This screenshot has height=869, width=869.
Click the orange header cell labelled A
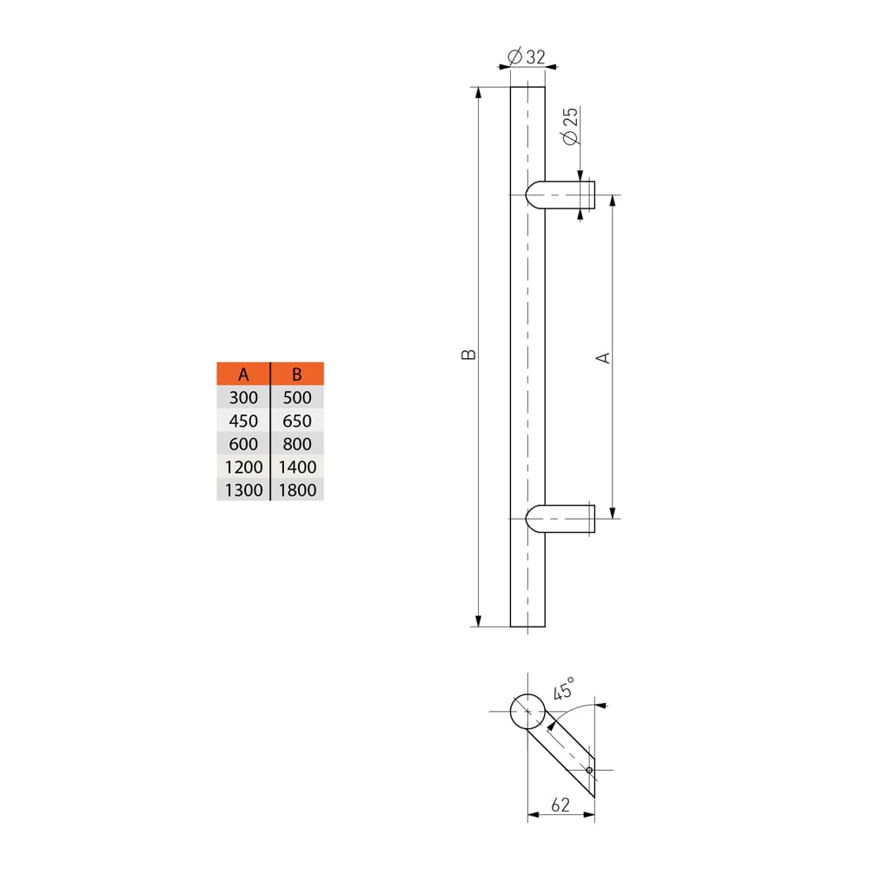(x=243, y=375)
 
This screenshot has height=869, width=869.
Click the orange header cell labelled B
(x=297, y=375)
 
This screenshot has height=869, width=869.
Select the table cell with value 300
(x=243, y=398)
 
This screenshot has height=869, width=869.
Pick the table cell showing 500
(x=297, y=398)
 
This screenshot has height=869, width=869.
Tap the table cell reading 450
(x=243, y=421)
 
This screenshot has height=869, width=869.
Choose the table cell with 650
(x=297, y=421)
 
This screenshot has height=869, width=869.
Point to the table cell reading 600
(x=243, y=444)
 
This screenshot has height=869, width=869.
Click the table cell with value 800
(x=297, y=444)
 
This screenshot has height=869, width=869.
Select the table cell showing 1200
(x=243, y=468)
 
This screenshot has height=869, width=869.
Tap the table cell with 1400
(x=297, y=468)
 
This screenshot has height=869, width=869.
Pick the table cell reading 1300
(x=243, y=490)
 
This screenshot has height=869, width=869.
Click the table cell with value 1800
(x=297, y=490)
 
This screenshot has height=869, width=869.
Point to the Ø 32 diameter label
(x=526, y=56)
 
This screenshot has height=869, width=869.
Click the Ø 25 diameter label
(x=570, y=127)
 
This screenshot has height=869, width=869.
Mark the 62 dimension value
(x=561, y=806)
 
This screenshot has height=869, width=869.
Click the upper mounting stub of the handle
(x=563, y=195)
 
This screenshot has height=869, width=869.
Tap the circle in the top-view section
(x=527, y=712)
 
